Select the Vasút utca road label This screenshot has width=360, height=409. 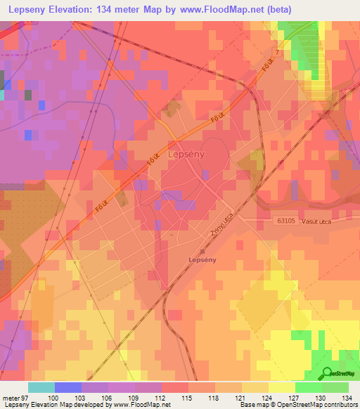click(x=333, y=221)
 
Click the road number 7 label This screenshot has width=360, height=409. click(x=278, y=53)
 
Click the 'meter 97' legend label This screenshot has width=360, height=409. click(x=14, y=397)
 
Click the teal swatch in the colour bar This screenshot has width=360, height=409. click(x=41, y=387)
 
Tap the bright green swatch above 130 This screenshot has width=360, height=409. click(x=308, y=387)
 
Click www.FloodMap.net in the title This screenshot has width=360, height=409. click(x=224, y=9)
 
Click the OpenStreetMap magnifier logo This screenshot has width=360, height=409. click(x=326, y=373)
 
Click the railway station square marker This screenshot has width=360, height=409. click(x=202, y=251)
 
